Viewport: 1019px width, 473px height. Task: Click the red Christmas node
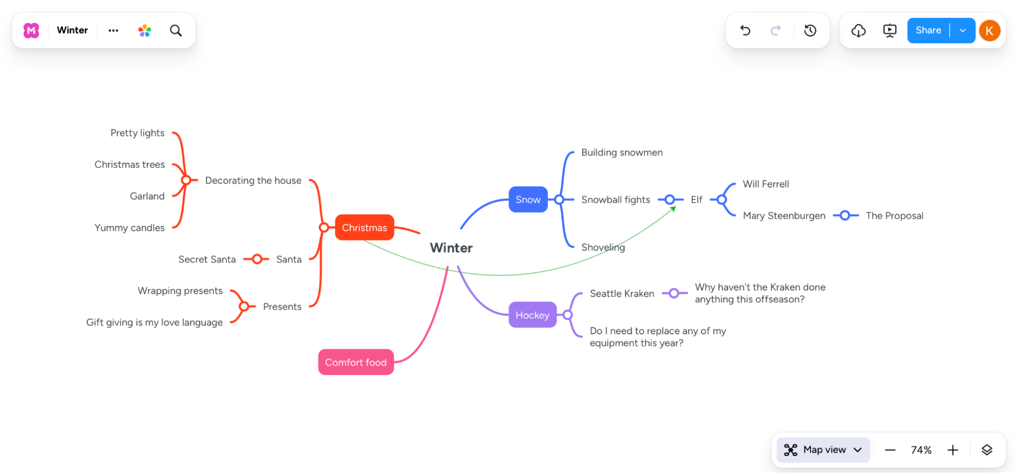point(364,227)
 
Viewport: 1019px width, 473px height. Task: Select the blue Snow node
point(528,199)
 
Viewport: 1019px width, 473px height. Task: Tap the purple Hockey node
point(532,315)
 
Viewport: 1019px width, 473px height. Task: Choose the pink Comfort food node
point(356,362)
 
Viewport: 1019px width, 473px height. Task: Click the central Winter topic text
point(451,248)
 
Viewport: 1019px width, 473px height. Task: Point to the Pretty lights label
point(138,133)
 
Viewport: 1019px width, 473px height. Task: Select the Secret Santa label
point(207,259)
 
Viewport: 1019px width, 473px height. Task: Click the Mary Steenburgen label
point(784,216)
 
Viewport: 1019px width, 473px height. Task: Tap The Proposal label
point(895,216)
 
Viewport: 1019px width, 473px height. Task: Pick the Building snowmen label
point(622,152)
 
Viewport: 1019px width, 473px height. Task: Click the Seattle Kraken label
point(622,294)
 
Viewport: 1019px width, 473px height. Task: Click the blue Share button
point(928,31)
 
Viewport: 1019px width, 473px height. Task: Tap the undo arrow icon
point(745,31)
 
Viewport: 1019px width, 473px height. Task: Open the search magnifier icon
point(176,31)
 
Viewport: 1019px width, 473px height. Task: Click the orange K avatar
point(989,31)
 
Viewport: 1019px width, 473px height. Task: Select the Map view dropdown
point(823,450)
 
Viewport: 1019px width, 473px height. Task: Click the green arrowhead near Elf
point(673,208)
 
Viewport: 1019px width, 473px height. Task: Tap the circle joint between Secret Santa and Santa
point(257,259)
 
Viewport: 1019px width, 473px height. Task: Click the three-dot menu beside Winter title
point(113,31)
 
